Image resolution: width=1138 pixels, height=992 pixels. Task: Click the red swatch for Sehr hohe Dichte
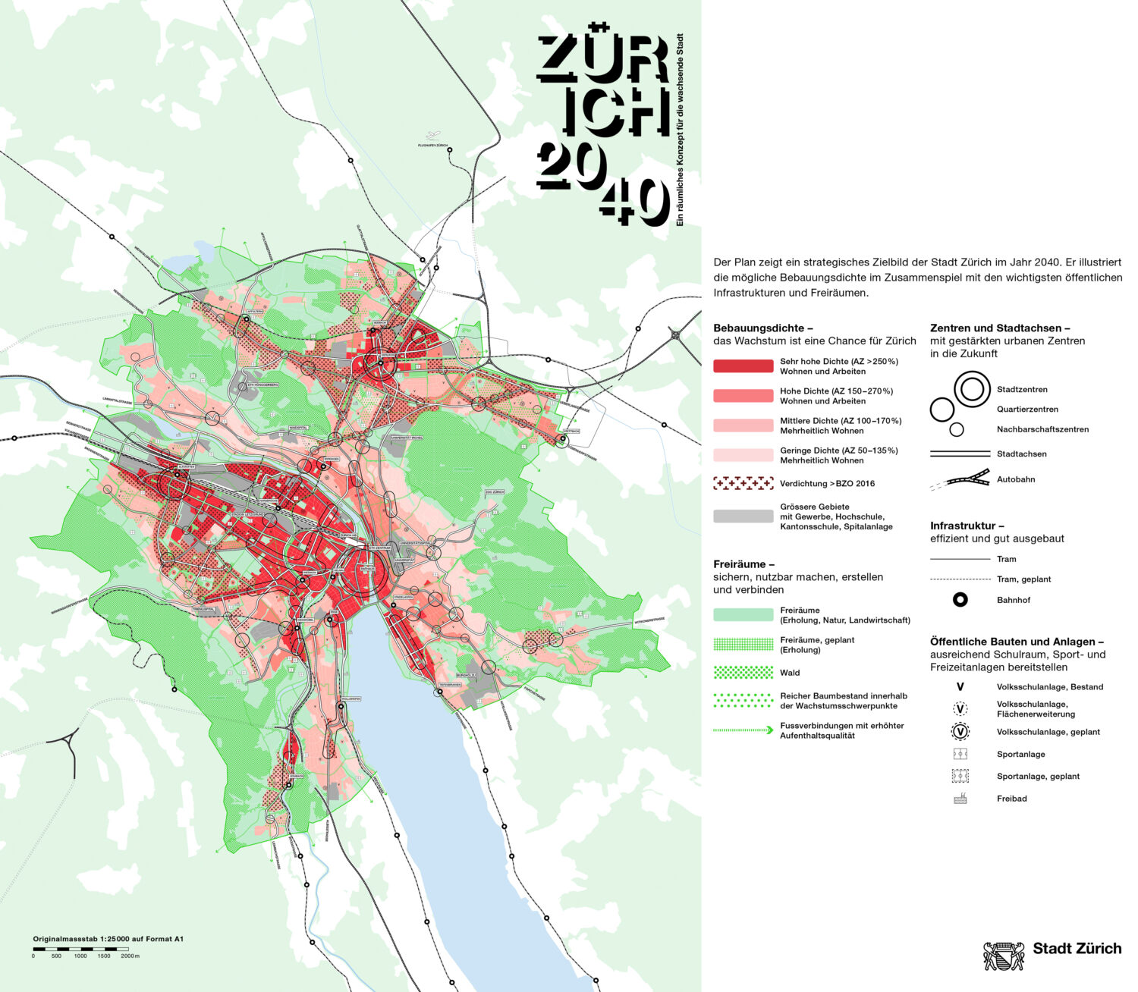pos(743,366)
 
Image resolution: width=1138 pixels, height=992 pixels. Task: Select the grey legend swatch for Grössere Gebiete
pos(743,516)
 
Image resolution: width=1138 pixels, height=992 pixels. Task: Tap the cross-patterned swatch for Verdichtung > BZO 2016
pos(743,483)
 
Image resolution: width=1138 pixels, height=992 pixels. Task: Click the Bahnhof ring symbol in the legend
pos(960,600)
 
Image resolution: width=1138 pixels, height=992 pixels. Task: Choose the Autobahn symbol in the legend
pos(960,479)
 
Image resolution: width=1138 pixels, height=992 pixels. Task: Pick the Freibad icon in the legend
pos(960,799)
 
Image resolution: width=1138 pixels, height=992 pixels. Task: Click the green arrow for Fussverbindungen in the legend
pos(743,730)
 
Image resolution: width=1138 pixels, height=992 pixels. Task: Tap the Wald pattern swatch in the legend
pos(743,673)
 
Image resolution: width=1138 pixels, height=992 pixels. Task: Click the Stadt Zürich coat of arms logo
pos(1004,956)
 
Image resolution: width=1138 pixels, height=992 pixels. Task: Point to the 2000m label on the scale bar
pos(130,956)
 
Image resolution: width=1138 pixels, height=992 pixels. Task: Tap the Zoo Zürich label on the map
pos(494,492)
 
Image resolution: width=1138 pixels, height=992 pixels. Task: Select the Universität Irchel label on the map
pos(407,438)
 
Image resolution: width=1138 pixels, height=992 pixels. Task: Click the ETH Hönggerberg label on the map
pos(262,385)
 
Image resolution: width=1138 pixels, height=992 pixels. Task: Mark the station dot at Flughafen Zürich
pos(449,150)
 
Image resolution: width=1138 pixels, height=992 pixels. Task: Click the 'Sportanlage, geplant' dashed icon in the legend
pos(960,776)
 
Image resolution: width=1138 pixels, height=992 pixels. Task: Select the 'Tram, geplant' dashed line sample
pos(960,579)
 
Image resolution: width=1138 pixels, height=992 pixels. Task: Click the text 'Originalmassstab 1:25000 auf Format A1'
pos(108,939)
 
